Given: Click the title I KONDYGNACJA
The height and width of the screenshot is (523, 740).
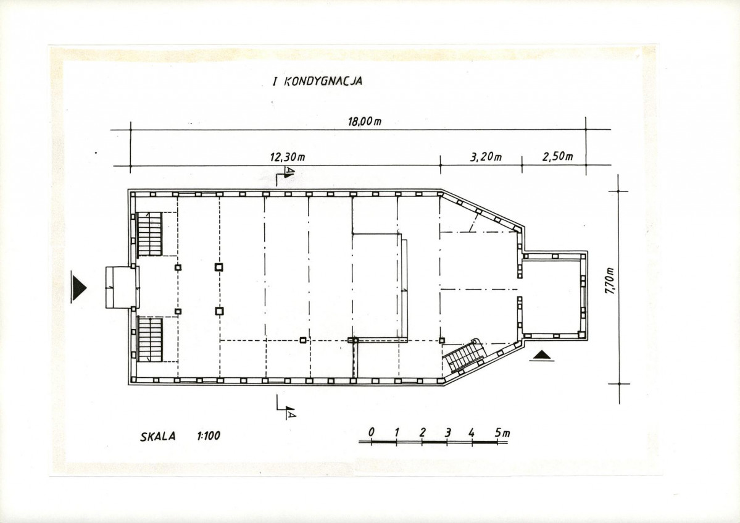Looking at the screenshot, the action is click(x=317, y=81).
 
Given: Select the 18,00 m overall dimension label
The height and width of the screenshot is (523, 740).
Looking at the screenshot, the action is click(x=365, y=121).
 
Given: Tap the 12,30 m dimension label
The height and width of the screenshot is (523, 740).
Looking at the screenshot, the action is click(x=288, y=157).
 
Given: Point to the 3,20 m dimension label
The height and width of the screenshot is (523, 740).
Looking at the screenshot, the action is click(x=486, y=156).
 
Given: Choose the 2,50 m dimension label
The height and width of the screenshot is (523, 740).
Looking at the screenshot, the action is click(x=557, y=156).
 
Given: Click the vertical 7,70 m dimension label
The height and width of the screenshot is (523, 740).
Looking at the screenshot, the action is click(x=610, y=281).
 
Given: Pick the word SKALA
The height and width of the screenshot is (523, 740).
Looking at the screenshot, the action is click(x=157, y=436).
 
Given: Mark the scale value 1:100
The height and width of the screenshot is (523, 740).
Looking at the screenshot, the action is click(x=209, y=435).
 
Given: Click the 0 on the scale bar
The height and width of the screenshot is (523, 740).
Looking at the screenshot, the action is click(x=372, y=432).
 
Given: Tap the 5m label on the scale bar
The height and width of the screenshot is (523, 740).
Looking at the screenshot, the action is click(x=502, y=432).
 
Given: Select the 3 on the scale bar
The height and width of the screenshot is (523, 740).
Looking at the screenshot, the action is click(x=448, y=432).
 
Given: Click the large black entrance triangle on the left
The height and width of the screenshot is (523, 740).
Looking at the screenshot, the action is click(x=79, y=287).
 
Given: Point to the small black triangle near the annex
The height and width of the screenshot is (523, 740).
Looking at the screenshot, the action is click(x=542, y=355).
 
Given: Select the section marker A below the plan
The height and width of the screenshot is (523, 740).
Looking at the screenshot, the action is click(x=291, y=414).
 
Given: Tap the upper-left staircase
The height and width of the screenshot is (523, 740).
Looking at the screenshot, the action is click(x=150, y=234).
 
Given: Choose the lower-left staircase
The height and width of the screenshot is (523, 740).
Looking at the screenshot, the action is click(x=150, y=340).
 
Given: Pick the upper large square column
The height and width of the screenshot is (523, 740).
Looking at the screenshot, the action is click(x=219, y=267).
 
